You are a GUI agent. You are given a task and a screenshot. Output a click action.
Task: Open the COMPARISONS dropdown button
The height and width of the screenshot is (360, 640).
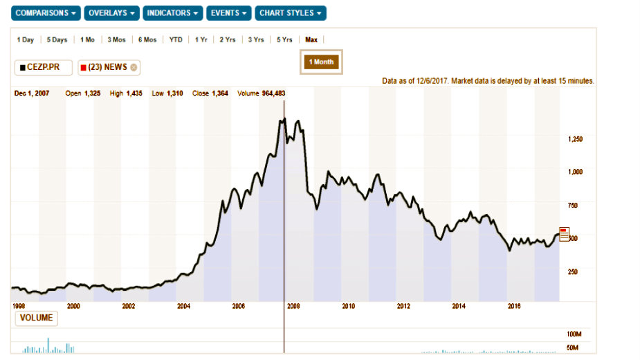[46, 13]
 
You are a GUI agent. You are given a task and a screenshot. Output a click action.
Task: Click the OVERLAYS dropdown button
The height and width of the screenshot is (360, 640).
[112, 13]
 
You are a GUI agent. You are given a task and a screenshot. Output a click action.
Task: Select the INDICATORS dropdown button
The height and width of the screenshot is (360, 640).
[173, 13]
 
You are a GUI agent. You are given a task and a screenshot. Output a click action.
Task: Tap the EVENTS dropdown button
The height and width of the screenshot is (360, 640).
[228, 13]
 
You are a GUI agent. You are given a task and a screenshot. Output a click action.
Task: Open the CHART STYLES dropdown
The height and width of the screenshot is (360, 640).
[290, 13]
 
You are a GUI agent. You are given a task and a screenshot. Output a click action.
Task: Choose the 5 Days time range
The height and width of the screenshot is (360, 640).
[57, 39]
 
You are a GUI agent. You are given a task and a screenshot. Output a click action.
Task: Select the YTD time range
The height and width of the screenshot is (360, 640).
[176, 39]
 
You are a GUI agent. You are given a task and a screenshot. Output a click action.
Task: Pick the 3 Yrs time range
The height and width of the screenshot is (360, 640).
[255, 39]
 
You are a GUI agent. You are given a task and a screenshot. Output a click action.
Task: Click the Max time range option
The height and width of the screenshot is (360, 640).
[311, 39]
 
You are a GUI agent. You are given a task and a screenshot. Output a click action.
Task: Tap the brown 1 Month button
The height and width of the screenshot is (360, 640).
[320, 62]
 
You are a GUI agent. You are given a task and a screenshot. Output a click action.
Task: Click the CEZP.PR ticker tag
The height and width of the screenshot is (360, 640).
[43, 67]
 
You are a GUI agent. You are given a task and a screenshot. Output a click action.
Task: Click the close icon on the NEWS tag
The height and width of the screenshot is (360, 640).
[134, 67]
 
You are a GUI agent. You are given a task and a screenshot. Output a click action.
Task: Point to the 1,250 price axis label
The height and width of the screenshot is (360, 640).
[575, 139]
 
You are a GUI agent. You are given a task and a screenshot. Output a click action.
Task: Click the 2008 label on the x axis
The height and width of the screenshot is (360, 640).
[293, 305]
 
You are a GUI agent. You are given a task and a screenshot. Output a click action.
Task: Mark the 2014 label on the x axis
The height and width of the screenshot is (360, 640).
[458, 305]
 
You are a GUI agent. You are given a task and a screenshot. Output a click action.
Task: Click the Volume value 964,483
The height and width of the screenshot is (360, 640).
[278, 93]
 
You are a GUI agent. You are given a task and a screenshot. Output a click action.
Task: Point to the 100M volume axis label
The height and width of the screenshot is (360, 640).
[574, 334]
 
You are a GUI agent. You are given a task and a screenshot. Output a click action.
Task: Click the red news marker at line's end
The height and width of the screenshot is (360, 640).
[564, 235]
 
